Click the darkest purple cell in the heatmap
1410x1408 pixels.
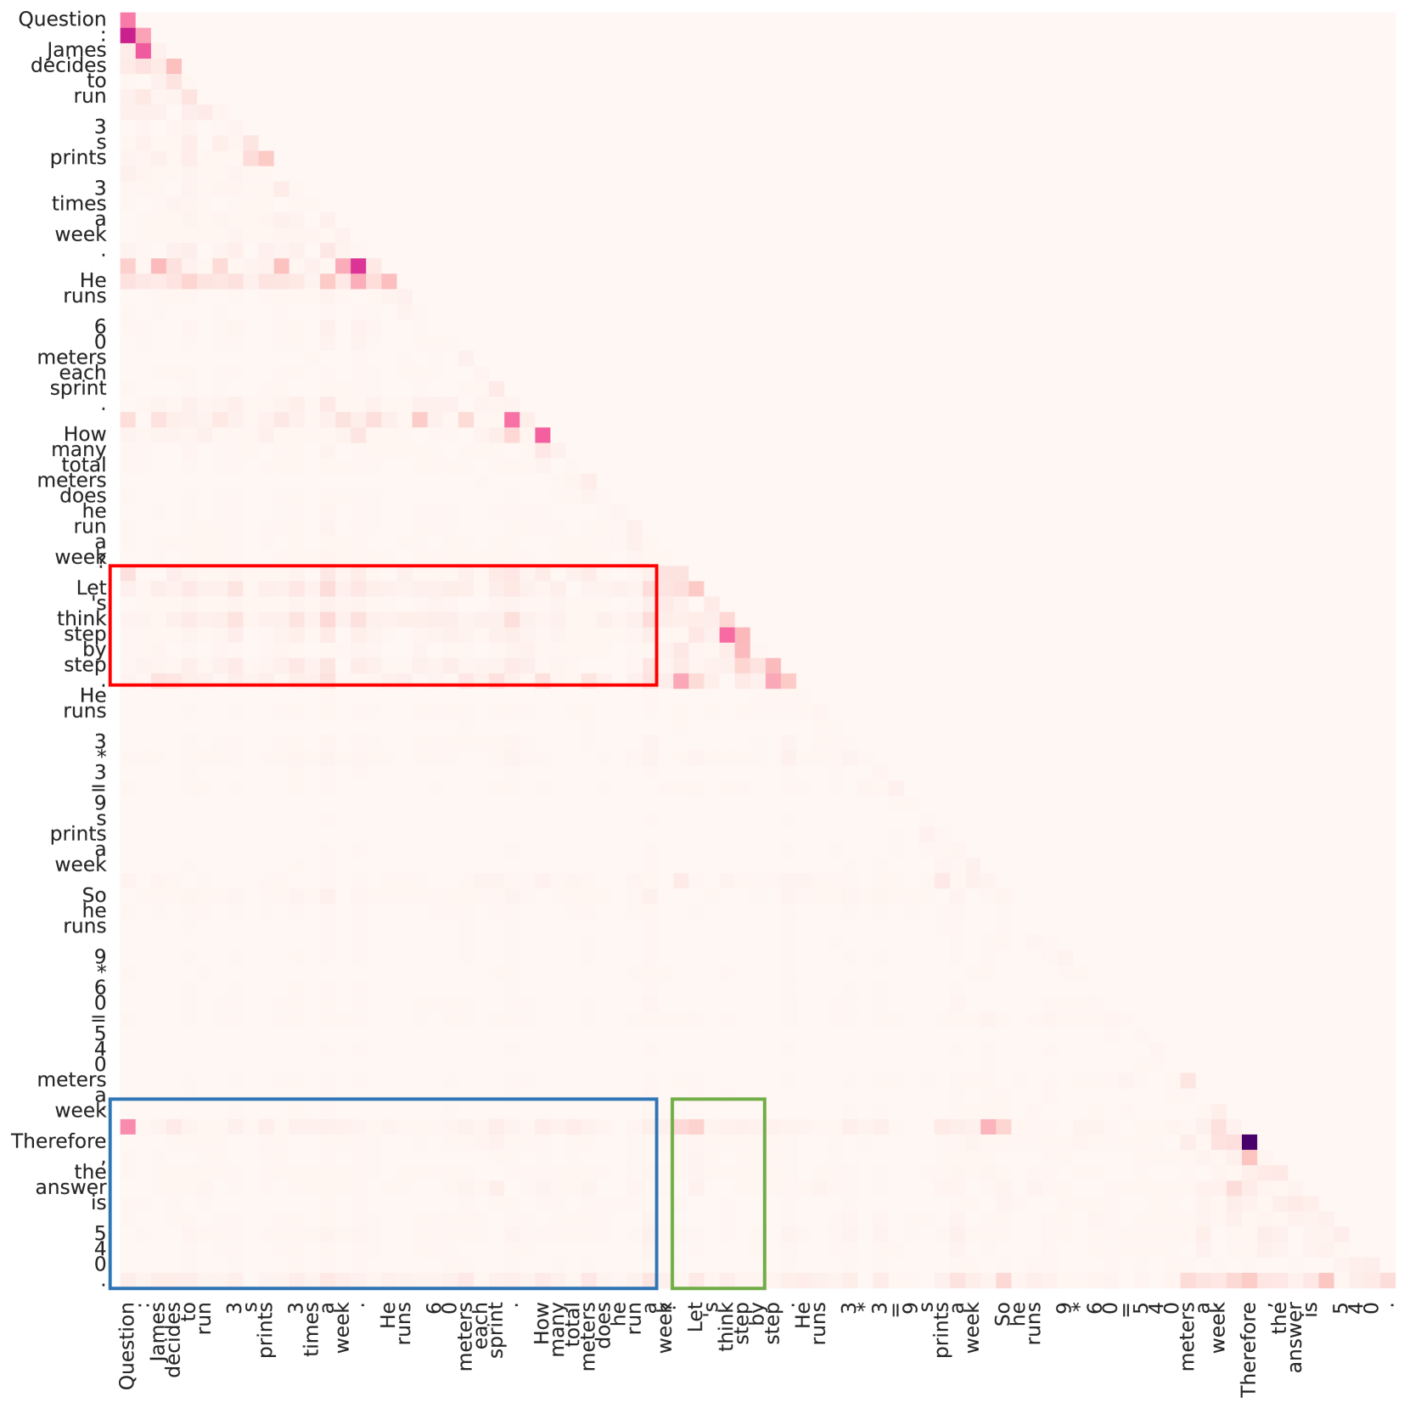coord(1249,1142)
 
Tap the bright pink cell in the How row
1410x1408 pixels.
coord(542,435)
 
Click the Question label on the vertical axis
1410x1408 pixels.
coord(62,20)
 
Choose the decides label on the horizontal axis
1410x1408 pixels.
coord(174,1338)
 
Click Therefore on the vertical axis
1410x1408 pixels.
coord(59,1141)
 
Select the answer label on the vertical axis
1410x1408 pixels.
coord(71,1187)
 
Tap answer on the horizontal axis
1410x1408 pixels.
coord(1295,1339)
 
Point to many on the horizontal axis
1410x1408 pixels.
coord(558,1333)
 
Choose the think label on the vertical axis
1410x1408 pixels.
coord(82,619)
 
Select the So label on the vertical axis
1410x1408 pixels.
coord(94,895)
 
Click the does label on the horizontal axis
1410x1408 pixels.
coord(604,1330)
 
